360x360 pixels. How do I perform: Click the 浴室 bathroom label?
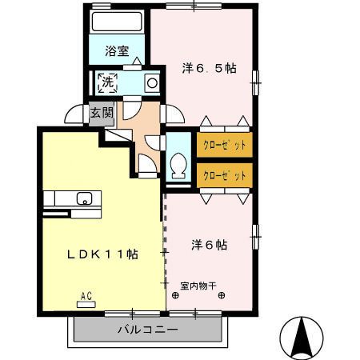point(117,52)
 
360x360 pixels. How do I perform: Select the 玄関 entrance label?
point(100,113)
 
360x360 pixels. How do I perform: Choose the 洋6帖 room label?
point(209,245)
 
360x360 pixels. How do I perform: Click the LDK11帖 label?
point(102,254)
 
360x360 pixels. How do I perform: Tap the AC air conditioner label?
point(86,296)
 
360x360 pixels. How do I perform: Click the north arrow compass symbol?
point(303,337)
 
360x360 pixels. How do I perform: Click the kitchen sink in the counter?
point(83,198)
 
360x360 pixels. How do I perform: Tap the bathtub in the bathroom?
point(116,22)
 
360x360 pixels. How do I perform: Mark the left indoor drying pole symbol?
point(175,294)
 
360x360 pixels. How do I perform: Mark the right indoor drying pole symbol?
point(222,294)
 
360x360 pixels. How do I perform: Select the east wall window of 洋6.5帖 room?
point(257,78)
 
